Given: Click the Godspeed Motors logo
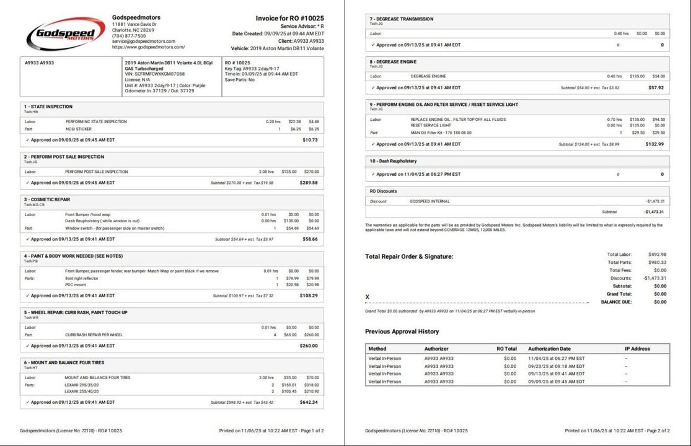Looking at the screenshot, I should pos(65,33).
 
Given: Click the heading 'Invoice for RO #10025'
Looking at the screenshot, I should pos(289,19).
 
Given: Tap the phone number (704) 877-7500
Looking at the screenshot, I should pos(129,36).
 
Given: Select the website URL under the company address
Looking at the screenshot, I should pos(148,47).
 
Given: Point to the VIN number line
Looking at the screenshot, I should pos(154,74).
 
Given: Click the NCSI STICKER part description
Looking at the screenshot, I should pos(79,129).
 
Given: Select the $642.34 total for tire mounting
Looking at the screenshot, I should pos(309,403).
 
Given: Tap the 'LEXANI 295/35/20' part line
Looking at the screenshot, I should pos(82,385).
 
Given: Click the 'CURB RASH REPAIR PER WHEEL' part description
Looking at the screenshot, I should pos(93,334).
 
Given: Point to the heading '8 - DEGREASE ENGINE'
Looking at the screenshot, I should pos(393,62).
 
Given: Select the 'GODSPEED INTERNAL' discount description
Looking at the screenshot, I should pos(429,201).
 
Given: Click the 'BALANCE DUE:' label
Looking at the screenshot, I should pos(617,302).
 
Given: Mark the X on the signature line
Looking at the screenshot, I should pos(368,297).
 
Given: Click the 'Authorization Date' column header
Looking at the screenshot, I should pos(549,349).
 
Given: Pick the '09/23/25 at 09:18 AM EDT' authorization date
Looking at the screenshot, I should pos(556,366).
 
